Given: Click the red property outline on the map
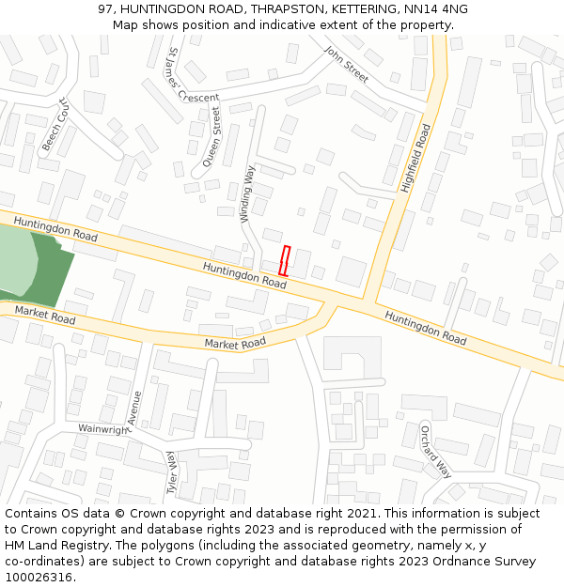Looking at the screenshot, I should tap(285, 260).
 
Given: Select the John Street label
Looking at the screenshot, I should tap(346, 64).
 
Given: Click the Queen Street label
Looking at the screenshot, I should tap(211, 136).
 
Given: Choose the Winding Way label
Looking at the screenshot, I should tap(247, 193).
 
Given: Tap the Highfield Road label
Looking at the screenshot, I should tap(415, 160).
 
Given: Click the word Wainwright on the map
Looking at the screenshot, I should tap(102, 428).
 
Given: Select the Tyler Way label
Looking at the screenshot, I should tap(173, 471).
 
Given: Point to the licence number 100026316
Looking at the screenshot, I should tap(40, 578).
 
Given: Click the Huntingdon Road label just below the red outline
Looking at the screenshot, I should tap(244, 275).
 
